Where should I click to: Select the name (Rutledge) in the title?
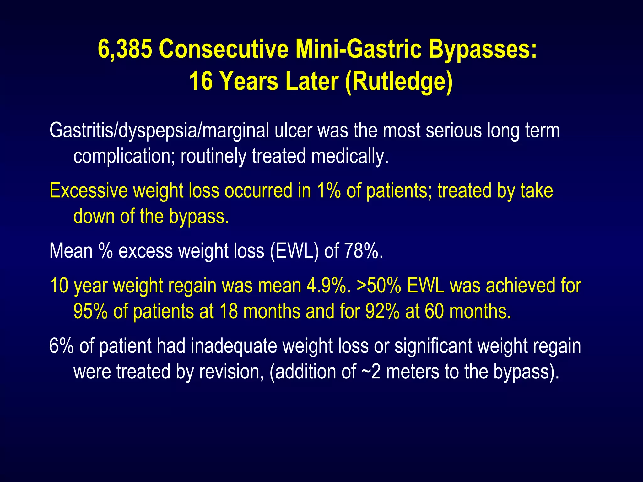tap(398, 81)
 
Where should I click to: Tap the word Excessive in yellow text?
tap(88, 190)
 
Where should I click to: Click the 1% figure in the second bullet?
tap(328, 190)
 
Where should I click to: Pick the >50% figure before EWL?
tap(379, 286)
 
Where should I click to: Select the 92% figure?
tap(382, 312)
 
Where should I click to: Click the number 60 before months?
tap(434, 312)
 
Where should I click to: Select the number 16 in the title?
tap(201, 81)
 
